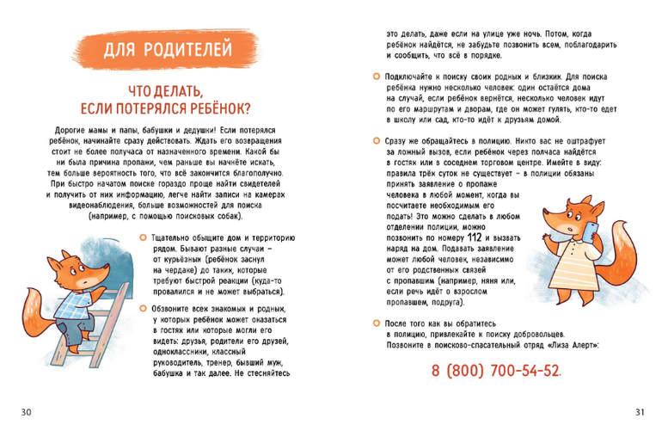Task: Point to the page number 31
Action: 638,412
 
